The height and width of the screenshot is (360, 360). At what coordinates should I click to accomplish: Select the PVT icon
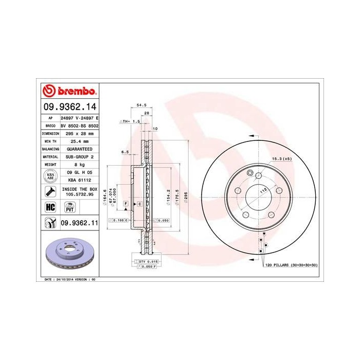point(69,207)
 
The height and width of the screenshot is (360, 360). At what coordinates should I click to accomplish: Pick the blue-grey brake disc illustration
point(68,256)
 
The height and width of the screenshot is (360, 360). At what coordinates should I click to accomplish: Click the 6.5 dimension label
point(125,152)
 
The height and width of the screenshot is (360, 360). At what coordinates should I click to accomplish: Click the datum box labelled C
point(139,204)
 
